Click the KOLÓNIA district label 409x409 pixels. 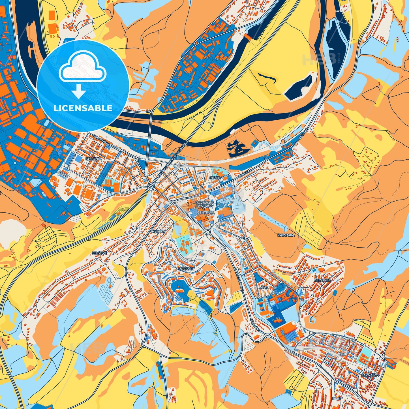click(x=93, y=159)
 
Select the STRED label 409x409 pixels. click(x=215, y=178)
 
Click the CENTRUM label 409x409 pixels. click(x=205, y=212)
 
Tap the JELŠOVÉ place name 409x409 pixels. click(x=99, y=253)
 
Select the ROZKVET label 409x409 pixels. click(x=187, y=269)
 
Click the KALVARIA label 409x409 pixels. click(x=286, y=235)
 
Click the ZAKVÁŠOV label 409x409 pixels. click(x=369, y=375)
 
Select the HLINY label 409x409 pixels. click(x=338, y=399)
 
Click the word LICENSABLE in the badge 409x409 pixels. click(x=83, y=108)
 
